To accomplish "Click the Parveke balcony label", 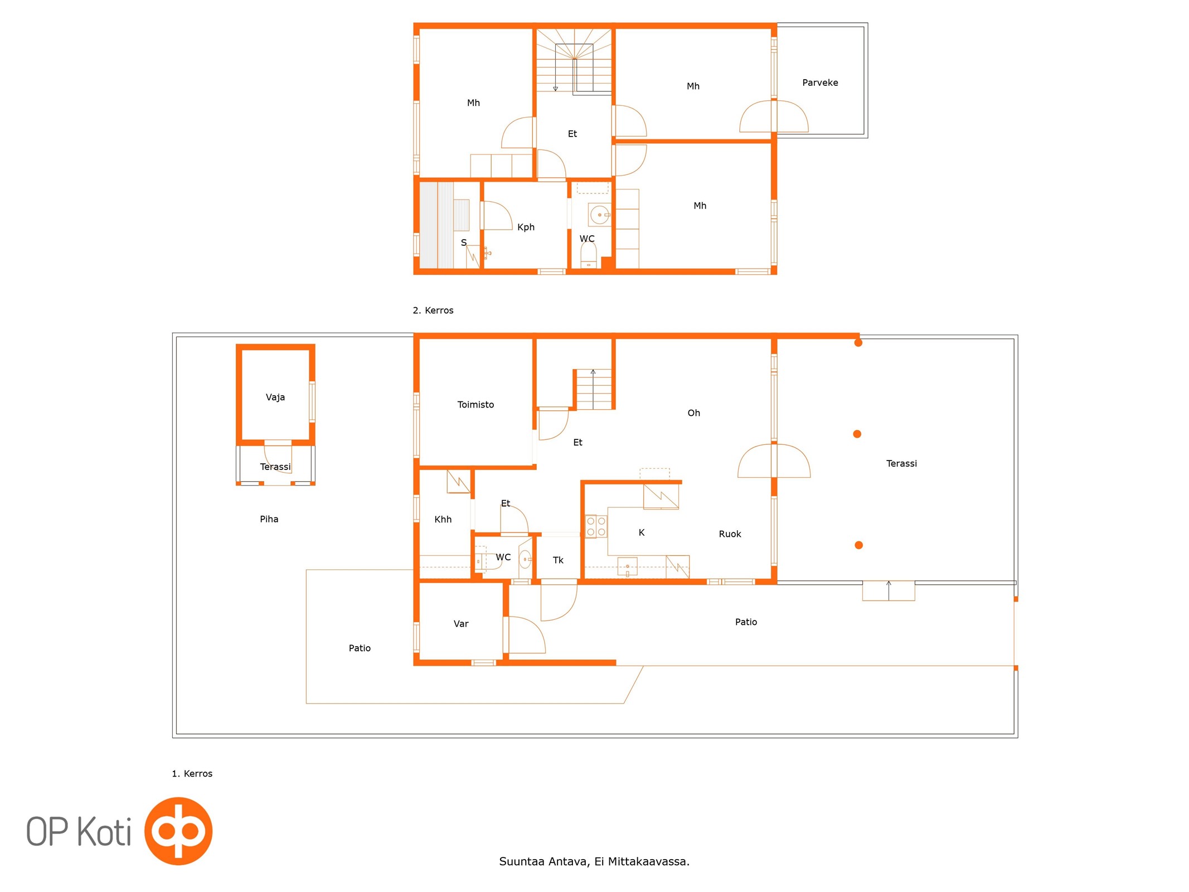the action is (819, 83).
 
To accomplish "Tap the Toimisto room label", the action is (475, 404).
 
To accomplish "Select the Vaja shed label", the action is (275, 397).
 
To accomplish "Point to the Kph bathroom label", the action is (526, 227).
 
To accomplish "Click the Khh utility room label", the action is (443, 519).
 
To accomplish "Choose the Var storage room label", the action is (460, 623).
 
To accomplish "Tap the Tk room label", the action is (557, 560).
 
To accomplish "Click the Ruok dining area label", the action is (730, 534).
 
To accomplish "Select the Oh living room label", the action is (693, 413).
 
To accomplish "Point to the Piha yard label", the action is (269, 519).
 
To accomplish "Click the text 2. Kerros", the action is (433, 310).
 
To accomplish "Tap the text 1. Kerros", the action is (192, 773).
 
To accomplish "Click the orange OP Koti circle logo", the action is (178, 831).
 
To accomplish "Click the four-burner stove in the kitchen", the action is (595, 526).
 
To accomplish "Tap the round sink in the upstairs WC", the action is (599, 215).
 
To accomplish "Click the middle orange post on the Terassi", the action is (857, 434).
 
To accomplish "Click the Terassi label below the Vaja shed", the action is (275, 467).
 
